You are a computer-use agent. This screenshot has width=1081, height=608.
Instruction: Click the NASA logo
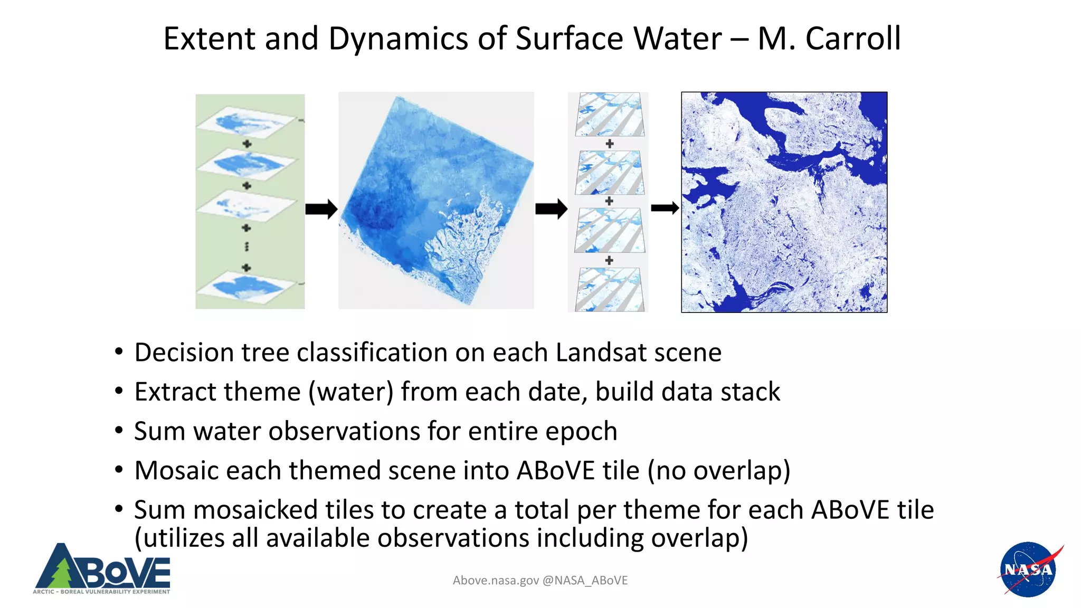click(x=1028, y=569)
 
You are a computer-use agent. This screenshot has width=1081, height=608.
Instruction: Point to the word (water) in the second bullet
click(x=351, y=392)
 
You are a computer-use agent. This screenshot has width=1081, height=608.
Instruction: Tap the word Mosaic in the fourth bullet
click(x=176, y=470)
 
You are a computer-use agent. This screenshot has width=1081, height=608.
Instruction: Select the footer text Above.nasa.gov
click(x=496, y=581)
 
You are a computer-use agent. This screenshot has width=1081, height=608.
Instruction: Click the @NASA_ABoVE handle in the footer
click(x=585, y=581)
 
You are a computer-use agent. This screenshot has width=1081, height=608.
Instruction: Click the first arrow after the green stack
click(x=321, y=209)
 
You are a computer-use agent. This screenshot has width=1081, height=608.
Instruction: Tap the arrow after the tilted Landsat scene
click(x=551, y=208)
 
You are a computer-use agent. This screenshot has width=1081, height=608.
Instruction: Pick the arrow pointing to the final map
click(x=665, y=208)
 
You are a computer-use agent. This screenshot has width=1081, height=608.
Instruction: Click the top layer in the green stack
click(x=247, y=122)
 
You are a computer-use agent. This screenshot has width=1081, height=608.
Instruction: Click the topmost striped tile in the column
click(x=610, y=115)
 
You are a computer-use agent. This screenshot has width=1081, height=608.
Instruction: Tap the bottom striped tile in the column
click(x=610, y=289)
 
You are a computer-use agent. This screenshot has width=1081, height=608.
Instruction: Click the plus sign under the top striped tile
click(x=610, y=144)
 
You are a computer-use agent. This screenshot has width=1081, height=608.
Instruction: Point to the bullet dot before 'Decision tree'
click(x=119, y=351)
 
